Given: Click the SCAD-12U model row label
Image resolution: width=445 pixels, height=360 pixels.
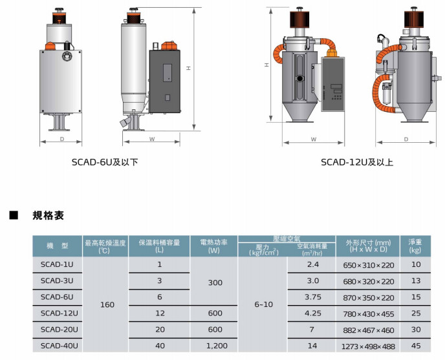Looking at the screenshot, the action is (59, 313).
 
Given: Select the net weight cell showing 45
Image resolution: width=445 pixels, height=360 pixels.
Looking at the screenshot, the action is (416, 346).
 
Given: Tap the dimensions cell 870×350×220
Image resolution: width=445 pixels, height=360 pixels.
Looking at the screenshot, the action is (369, 298).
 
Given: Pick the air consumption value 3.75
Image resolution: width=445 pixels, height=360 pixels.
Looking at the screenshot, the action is (313, 297).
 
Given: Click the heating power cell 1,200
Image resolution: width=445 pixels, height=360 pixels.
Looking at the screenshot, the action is (215, 346).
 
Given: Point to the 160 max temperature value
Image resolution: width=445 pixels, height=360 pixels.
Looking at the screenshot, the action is (107, 304).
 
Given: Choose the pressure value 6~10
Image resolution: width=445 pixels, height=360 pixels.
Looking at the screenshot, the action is (264, 304).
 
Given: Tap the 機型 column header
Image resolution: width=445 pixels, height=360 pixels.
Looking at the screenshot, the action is (58, 246).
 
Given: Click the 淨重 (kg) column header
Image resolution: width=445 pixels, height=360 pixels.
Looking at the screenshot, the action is (415, 246).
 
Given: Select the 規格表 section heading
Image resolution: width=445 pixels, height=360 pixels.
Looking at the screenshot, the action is (48, 215).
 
